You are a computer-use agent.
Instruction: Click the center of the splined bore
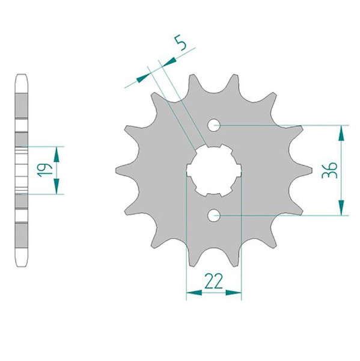click(x=214, y=170)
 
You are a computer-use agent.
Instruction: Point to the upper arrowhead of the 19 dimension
click(x=58, y=153)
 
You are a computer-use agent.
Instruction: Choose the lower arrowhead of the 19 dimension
click(x=58, y=188)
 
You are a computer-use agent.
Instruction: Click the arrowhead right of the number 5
click(x=169, y=61)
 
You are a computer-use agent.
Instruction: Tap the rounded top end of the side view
click(x=22, y=76)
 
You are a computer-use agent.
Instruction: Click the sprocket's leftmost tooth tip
click(x=117, y=170)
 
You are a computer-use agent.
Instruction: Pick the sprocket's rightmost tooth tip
click(x=312, y=170)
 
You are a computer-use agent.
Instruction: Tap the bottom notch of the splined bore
click(x=214, y=194)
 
